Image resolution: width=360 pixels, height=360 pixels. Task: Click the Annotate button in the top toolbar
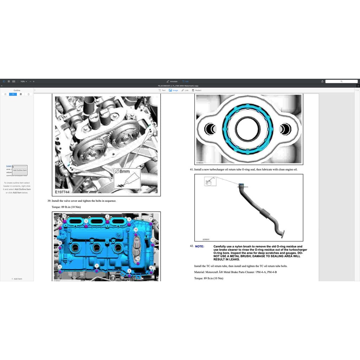172,81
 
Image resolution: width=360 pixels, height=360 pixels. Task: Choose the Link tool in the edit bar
185,90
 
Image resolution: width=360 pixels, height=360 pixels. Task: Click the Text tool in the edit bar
162,90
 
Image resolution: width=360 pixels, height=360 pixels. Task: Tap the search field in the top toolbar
341,81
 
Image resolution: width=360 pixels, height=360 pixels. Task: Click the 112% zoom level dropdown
23,81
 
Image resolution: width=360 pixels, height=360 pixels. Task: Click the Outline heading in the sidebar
17,90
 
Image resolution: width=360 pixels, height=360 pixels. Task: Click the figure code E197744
62,192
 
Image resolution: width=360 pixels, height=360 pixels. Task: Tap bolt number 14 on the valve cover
64,216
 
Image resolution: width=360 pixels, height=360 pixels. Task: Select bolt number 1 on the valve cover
97,266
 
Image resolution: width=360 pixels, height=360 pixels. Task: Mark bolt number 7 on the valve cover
151,219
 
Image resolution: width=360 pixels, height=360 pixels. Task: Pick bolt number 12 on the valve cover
138,258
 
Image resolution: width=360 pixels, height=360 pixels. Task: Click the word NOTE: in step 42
199,246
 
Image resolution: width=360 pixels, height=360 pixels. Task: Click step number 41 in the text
192,169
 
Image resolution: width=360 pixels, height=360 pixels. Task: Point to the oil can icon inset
210,181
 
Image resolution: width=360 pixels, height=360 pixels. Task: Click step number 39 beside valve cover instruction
49,201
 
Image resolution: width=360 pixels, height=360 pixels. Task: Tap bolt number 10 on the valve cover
60,243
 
